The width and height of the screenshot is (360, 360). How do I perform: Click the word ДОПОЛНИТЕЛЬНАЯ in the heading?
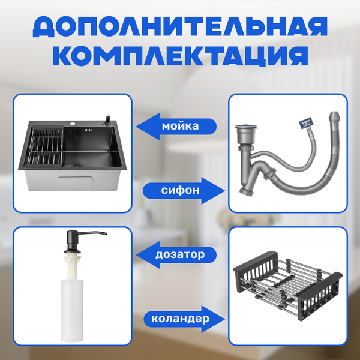180,26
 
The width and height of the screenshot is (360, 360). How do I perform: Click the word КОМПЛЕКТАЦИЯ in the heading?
180,56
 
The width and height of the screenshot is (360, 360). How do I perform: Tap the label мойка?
180,126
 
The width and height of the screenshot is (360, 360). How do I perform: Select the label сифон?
180,190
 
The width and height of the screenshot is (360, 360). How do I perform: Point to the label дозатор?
180,254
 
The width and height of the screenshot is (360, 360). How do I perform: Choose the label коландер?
180,319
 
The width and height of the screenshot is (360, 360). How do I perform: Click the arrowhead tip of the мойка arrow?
136,126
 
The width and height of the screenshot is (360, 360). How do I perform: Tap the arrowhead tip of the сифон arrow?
225,191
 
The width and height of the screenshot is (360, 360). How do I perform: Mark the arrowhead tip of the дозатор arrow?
136,255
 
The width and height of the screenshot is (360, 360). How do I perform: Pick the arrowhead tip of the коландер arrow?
225,319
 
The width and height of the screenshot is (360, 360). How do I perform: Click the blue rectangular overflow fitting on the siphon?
305,122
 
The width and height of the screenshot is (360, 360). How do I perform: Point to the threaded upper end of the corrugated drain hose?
334,118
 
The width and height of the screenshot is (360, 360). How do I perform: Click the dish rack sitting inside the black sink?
44,147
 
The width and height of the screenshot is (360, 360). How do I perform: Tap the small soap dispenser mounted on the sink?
107,121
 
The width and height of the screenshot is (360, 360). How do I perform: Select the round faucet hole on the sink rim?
73,124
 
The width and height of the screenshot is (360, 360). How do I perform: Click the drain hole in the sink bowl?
73,165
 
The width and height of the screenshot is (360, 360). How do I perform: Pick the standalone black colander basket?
288,286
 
